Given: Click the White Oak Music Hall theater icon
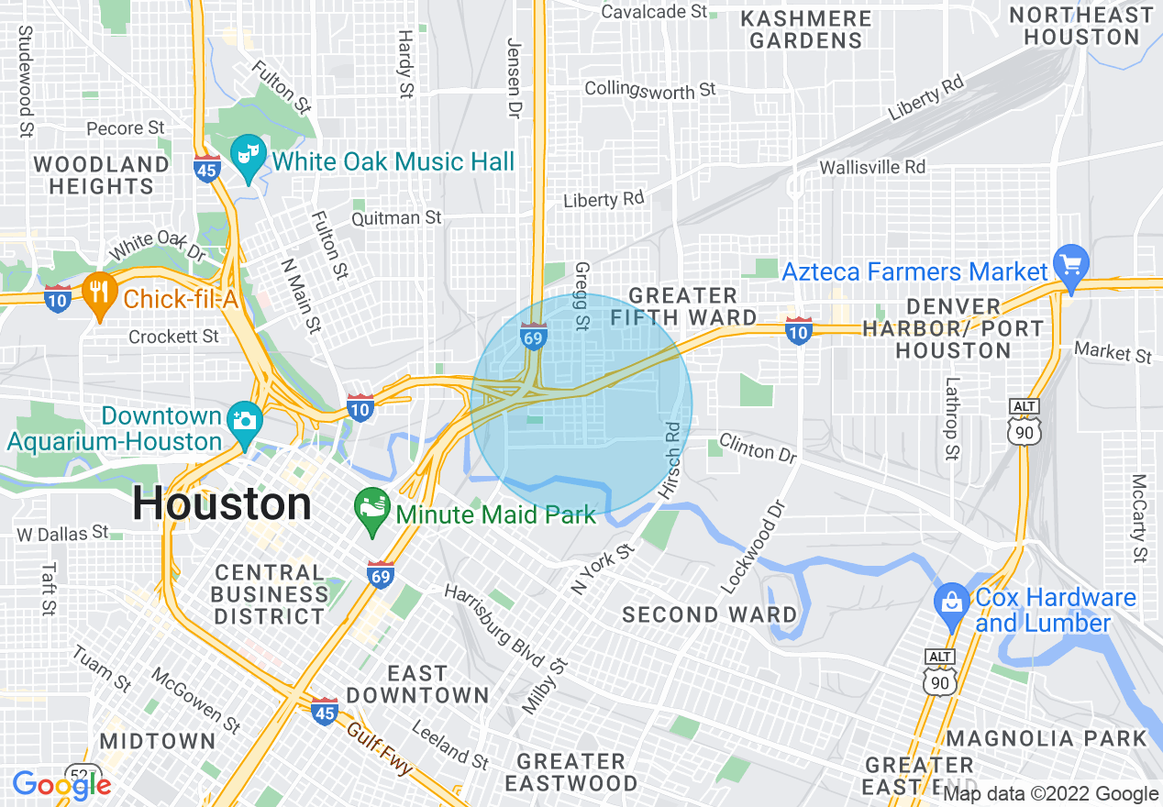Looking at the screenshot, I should (245, 154).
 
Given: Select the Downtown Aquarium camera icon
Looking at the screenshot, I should (245, 422).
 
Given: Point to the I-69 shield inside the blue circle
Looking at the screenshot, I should (534, 336).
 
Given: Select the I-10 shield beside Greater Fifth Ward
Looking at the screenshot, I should (798, 331).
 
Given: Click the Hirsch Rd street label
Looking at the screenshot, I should (673, 460).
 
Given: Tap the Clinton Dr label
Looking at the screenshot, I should (758, 448).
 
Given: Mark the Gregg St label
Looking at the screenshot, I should (581, 295).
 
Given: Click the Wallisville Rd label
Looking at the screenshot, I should (872, 167).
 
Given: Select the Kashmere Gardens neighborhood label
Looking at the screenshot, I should (805, 29).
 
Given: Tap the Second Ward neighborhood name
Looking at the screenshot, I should (709, 614).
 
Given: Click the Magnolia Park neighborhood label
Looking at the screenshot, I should (1047, 738).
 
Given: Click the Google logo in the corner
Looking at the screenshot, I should (61, 785).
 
